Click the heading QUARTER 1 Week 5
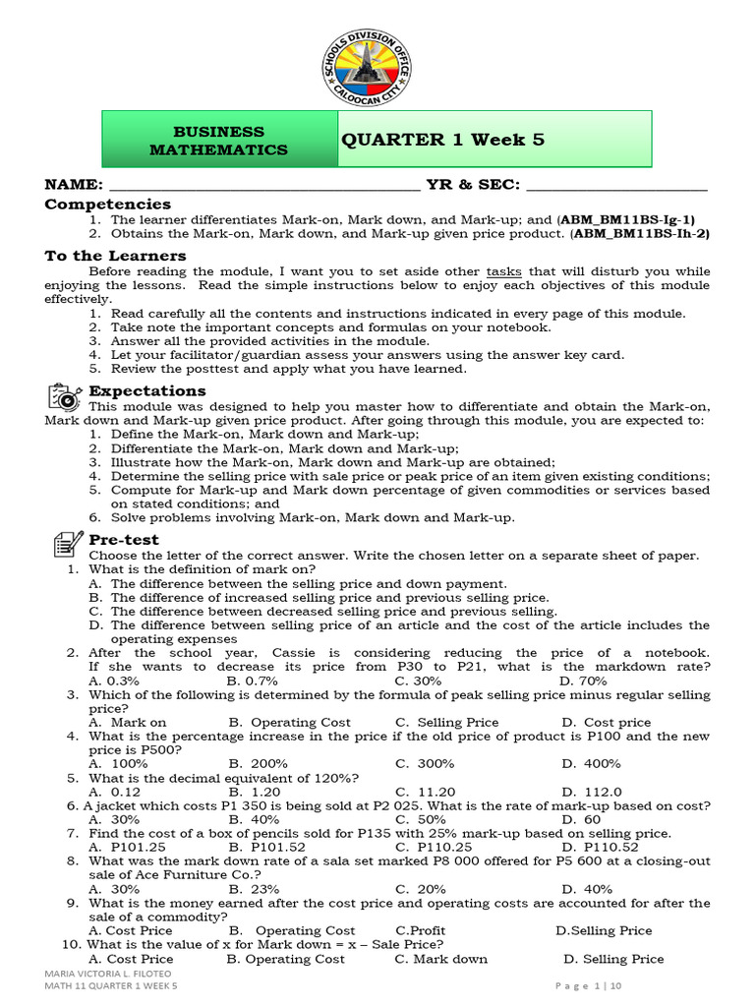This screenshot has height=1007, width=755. [442, 140]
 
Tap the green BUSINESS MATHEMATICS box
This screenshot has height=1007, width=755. [218, 140]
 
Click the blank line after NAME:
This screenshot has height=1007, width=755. [263, 185]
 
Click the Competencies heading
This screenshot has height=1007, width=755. [108, 204]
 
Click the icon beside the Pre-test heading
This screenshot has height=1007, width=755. [65, 542]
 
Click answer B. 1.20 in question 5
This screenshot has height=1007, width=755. [255, 792]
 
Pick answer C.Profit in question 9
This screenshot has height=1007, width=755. [420, 930]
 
